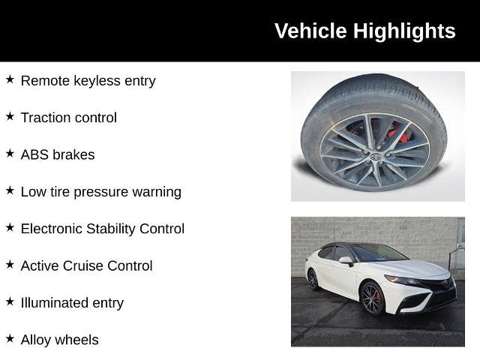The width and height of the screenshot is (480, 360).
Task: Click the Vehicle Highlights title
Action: [364, 31]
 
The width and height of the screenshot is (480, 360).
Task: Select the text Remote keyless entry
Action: [88, 80]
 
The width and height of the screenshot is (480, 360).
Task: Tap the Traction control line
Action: [68, 117]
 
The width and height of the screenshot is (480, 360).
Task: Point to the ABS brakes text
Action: [58, 154]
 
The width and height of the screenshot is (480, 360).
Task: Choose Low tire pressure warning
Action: [100, 191]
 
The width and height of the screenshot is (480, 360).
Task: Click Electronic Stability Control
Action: [102, 229]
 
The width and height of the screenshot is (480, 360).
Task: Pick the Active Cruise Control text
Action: [86, 265]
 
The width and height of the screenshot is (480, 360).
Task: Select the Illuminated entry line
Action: [72, 302]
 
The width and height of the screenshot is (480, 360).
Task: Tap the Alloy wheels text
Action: [59, 340]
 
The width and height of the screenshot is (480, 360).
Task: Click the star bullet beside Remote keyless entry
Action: [10, 79]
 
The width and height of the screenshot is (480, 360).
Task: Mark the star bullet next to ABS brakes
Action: [10, 153]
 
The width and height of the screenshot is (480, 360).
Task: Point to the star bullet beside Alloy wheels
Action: [10, 338]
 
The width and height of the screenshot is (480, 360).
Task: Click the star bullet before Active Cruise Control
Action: [10, 264]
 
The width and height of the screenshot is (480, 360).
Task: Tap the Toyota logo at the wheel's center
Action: [374, 157]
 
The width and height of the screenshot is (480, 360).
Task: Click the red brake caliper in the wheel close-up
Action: [399, 136]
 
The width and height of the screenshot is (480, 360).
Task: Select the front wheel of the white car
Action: [371, 298]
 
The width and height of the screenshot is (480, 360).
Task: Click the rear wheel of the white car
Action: [313, 279]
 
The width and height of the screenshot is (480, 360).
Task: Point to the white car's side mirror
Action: [346, 261]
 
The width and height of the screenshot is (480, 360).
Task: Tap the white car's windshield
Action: [379, 253]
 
